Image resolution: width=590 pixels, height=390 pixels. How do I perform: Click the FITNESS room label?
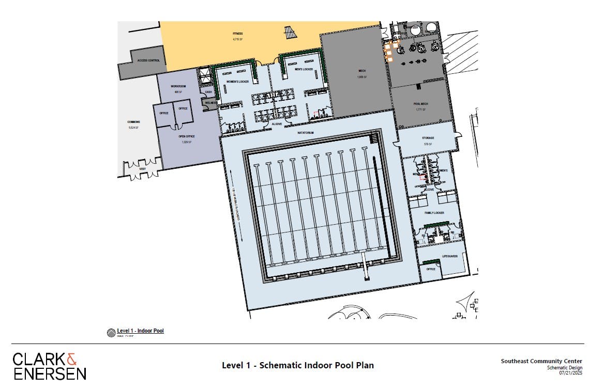(237, 34)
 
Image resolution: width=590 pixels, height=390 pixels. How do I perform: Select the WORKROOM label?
(178, 86)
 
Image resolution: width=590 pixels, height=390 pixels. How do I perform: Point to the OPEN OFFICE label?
(186, 136)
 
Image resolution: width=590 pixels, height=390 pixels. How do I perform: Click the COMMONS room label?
(133, 122)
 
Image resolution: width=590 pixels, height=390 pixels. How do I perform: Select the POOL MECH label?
(420, 104)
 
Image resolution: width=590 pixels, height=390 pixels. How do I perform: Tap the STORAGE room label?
(428, 138)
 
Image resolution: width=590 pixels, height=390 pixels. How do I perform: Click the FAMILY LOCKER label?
(434, 213)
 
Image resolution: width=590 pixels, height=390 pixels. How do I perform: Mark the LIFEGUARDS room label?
(450, 257)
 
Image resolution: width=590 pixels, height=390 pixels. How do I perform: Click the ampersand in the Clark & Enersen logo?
(72, 359)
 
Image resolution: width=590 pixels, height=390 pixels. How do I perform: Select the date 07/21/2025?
(570, 373)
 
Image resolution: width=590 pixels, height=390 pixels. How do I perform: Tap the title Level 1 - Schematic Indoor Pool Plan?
(297, 366)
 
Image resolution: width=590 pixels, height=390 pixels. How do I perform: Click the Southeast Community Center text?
(541, 361)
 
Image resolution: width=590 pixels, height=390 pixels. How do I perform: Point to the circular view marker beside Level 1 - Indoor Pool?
(111, 333)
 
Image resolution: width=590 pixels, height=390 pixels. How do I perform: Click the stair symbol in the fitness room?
(291, 33)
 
